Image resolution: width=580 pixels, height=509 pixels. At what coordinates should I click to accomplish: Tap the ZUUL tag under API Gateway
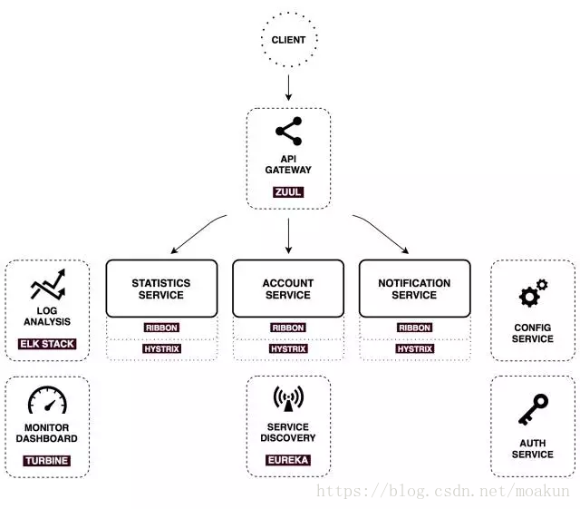tap(288, 191)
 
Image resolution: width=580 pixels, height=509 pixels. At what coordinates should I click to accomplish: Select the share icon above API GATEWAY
tap(289, 132)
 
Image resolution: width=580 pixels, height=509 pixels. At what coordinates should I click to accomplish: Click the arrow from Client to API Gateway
tap(288, 87)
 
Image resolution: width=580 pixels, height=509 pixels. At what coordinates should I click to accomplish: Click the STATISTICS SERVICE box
tap(161, 289)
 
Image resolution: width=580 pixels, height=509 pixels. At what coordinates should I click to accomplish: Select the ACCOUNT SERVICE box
tap(288, 289)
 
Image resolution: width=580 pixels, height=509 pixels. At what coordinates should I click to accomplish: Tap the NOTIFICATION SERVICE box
tap(415, 289)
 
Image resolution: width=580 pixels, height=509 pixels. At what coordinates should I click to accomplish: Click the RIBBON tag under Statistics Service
tap(161, 328)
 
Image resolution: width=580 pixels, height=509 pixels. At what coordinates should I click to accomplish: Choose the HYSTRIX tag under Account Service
tap(288, 348)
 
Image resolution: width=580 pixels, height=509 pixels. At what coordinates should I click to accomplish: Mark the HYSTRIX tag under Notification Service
tap(415, 348)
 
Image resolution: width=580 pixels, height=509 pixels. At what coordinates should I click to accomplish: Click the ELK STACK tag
tap(47, 344)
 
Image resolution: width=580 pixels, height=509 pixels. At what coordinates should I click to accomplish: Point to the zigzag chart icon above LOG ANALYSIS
tap(48, 285)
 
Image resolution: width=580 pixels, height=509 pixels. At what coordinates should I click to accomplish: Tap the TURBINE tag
tap(46, 461)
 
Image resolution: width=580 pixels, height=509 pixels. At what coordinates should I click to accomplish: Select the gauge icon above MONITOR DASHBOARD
tap(47, 400)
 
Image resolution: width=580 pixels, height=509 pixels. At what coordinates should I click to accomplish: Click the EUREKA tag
tap(288, 460)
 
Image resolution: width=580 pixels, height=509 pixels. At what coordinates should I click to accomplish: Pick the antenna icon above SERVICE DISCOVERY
tap(288, 398)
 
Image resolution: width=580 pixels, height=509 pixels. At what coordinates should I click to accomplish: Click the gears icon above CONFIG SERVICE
tap(533, 293)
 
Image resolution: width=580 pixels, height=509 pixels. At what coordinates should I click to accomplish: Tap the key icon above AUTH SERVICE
tap(533, 409)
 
